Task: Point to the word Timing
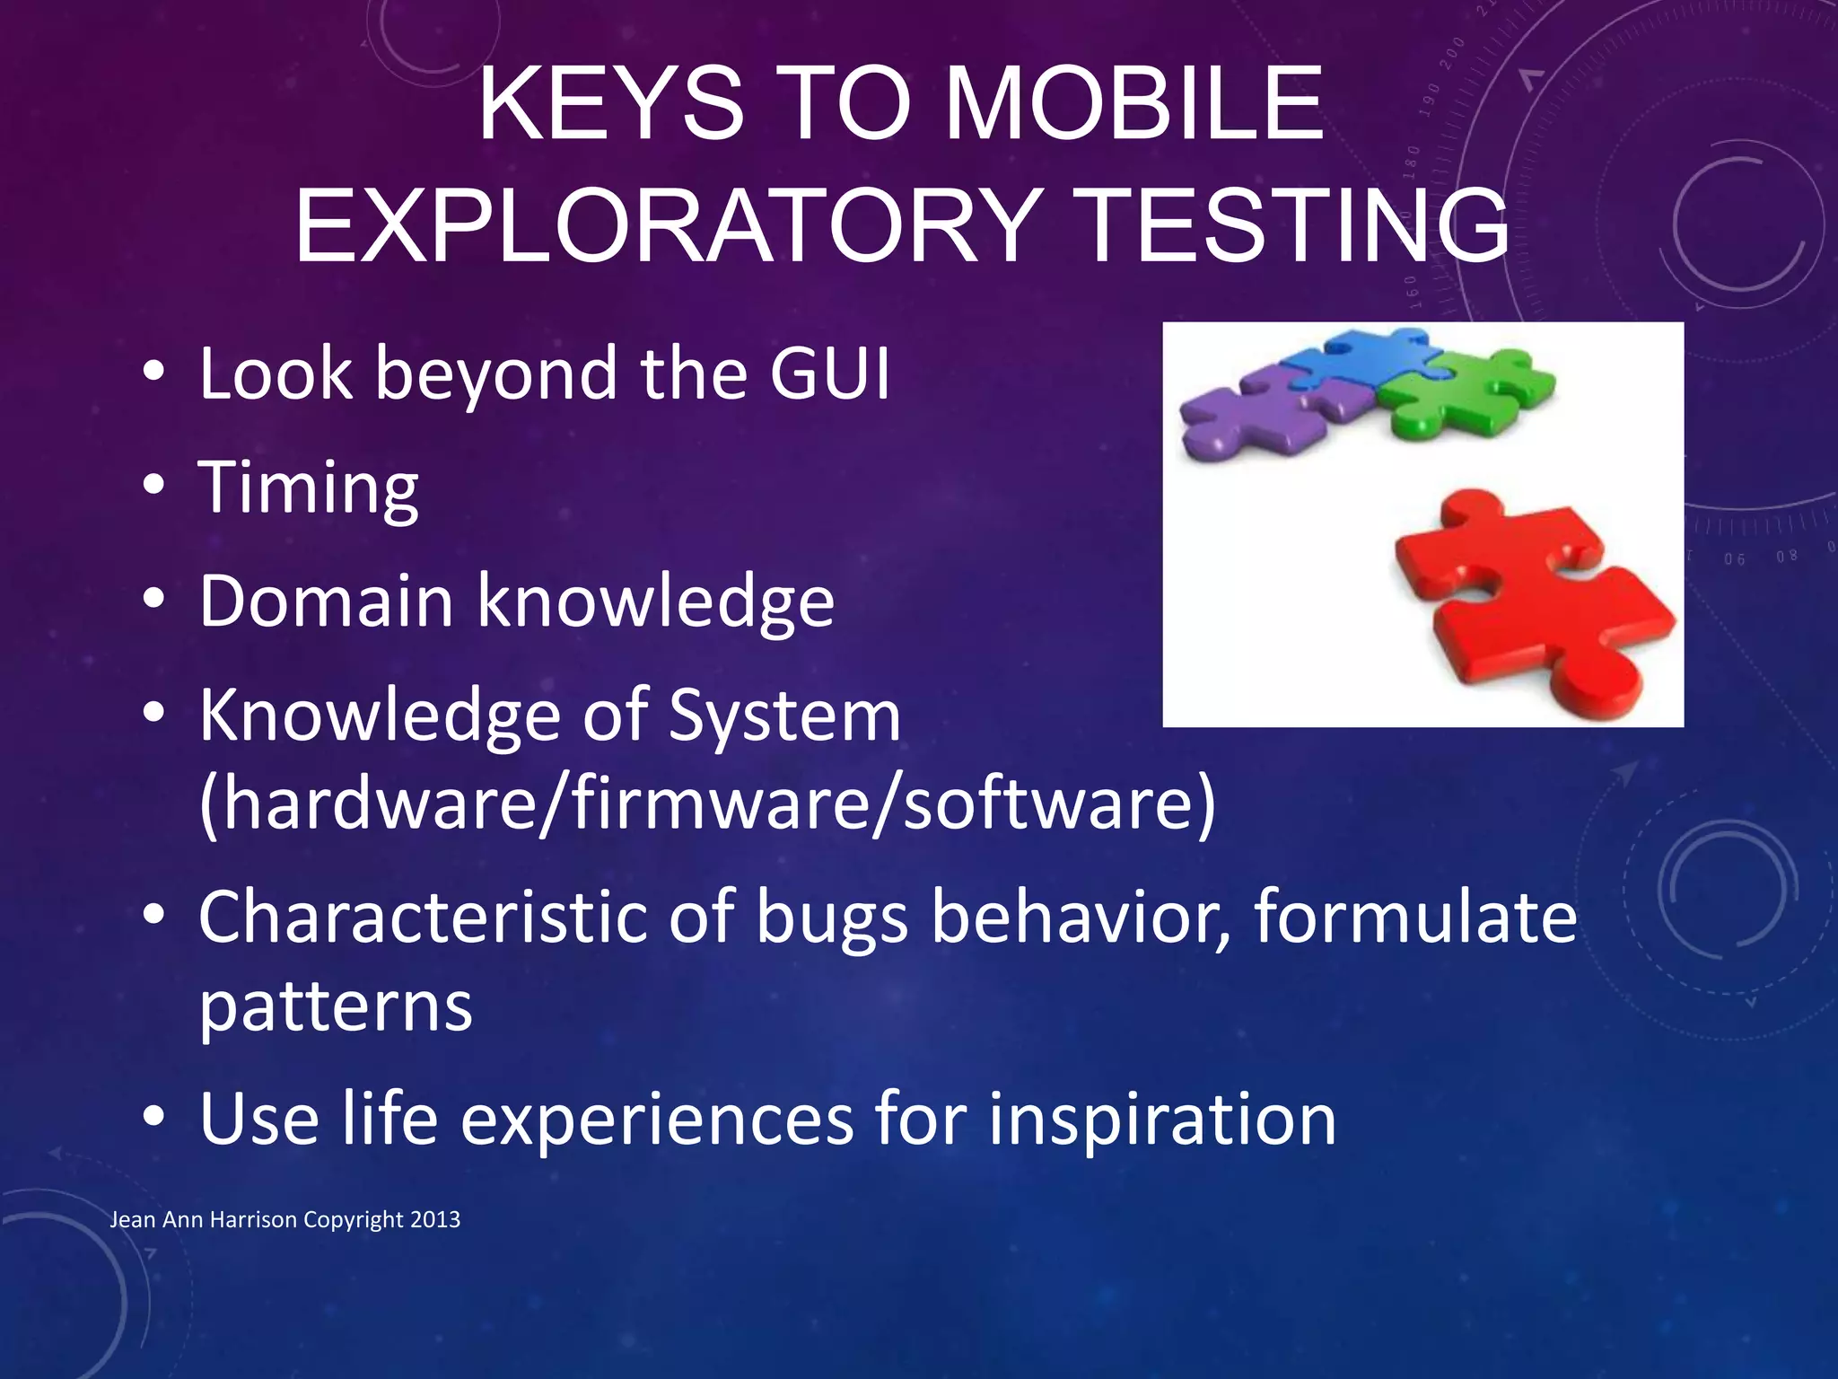coord(308,487)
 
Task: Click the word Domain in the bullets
coord(326,601)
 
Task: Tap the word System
coord(783,716)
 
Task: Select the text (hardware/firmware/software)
coord(706,802)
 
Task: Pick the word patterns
coord(335,1006)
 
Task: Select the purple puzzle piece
coord(1256,414)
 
